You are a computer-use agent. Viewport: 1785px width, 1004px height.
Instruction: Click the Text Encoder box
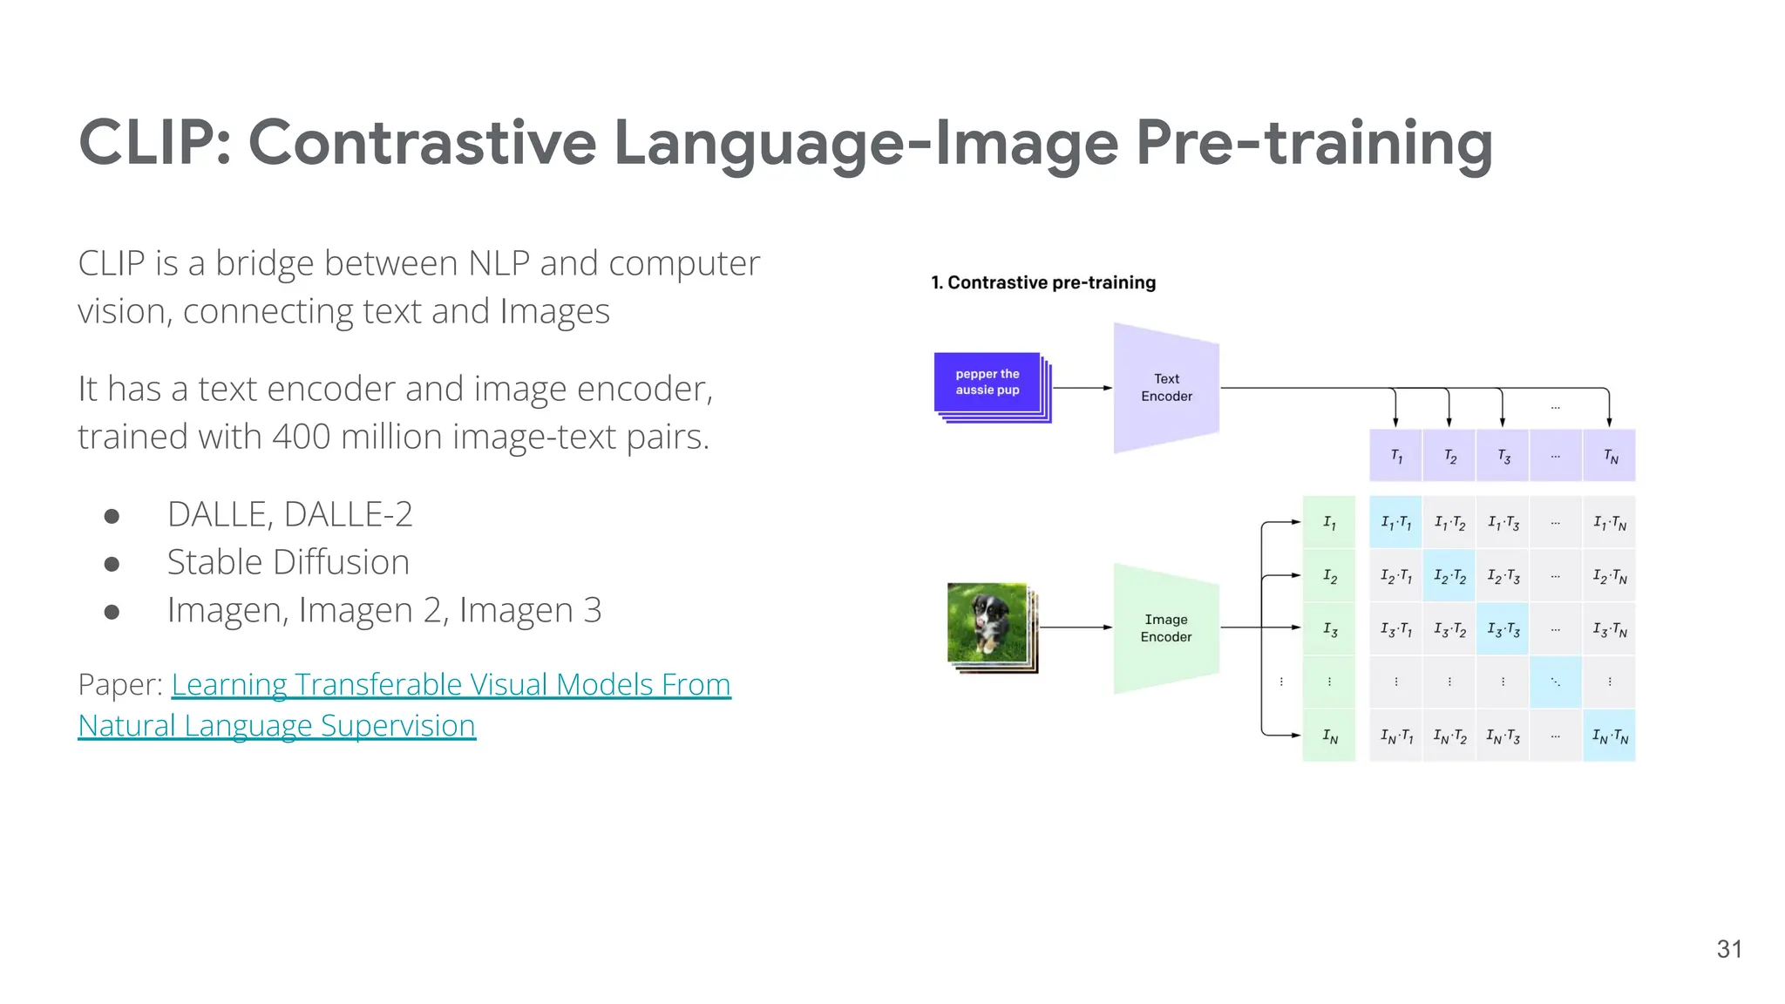[1166, 388]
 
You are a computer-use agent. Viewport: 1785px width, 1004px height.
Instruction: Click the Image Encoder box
[1166, 628]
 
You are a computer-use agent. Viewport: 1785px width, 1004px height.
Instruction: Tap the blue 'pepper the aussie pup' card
[988, 382]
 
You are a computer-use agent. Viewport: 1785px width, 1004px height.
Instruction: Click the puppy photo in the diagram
[988, 624]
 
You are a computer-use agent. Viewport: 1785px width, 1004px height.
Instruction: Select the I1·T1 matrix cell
[1395, 523]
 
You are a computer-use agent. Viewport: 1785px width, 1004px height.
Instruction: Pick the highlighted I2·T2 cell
[1449, 576]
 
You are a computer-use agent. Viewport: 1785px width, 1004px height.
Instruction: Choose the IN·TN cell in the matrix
[1609, 736]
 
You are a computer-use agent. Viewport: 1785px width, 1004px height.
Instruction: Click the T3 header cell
[1503, 456]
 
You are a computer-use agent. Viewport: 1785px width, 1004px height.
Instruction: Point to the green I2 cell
[1329, 576]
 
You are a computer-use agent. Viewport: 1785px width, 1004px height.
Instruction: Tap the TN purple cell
[1610, 456]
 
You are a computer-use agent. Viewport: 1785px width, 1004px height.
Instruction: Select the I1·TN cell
[1609, 523]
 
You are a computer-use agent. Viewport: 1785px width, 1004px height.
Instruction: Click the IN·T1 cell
[1395, 736]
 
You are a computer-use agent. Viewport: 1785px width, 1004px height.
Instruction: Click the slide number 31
[1729, 949]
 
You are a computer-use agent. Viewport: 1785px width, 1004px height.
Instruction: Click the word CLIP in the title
[148, 143]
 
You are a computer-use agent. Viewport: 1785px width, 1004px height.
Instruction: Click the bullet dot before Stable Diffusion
[112, 564]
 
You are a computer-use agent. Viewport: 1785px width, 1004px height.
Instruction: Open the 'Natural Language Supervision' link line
[276, 725]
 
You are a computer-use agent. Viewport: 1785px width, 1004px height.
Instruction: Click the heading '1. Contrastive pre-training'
[1043, 282]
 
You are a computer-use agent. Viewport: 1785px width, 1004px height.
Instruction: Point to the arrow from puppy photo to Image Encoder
[1076, 627]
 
